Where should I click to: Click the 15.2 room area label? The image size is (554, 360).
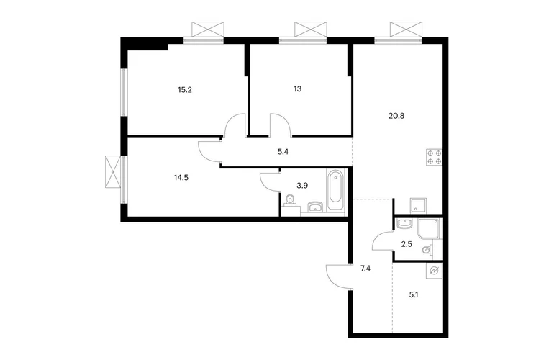[x=184, y=90]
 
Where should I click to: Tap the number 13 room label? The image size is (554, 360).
[x=297, y=89]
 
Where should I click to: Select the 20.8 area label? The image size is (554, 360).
[x=396, y=116]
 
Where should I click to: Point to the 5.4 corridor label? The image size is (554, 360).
[x=283, y=153]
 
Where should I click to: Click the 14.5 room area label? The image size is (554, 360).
[x=181, y=178]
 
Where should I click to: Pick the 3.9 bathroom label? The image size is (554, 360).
[x=302, y=185]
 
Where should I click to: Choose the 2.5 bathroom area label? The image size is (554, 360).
[x=407, y=244]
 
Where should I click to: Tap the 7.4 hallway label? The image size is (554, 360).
[x=365, y=269]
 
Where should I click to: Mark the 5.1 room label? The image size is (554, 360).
[x=414, y=294]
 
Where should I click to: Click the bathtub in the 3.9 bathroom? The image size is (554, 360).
[x=335, y=191]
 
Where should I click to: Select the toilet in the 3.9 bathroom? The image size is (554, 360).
[x=291, y=200]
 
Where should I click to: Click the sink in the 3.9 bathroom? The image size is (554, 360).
[x=315, y=206]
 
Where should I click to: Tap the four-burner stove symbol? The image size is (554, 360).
[x=435, y=158]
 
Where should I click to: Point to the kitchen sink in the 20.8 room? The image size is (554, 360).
[x=418, y=206]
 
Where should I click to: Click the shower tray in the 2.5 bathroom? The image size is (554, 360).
[x=429, y=229]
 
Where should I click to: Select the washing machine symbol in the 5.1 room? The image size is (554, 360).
[x=435, y=271]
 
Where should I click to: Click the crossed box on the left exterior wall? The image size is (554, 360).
[x=113, y=172]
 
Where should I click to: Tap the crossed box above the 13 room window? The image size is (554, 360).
[x=311, y=29]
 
